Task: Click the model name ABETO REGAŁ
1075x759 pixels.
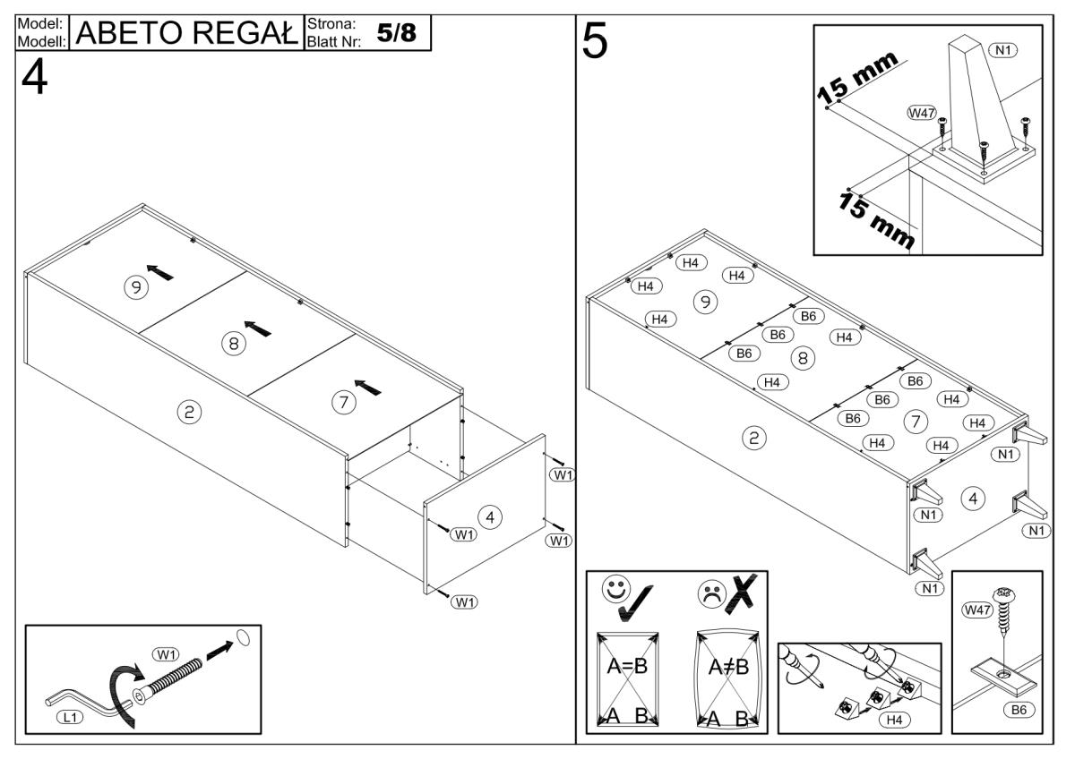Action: [189, 33]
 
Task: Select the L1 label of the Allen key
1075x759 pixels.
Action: [69, 717]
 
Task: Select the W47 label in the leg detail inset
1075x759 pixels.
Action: [921, 113]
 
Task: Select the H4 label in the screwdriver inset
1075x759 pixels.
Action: [893, 718]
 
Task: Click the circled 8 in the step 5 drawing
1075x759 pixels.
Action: [803, 358]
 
